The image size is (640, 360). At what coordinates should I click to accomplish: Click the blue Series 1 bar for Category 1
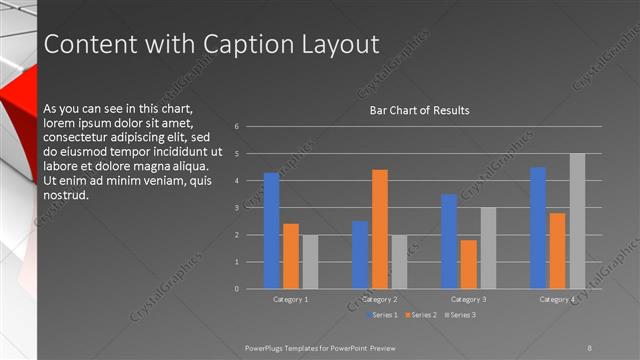(x=272, y=231)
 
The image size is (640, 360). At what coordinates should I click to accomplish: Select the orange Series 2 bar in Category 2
(x=380, y=229)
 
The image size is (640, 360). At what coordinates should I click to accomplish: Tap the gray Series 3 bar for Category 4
(x=577, y=221)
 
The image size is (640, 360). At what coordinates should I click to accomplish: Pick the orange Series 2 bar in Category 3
(x=469, y=264)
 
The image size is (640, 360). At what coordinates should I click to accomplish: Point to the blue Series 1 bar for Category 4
(x=538, y=228)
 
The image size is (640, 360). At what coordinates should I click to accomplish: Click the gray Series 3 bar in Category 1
(x=311, y=262)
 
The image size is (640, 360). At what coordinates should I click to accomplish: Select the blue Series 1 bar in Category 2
(x=360, y=255)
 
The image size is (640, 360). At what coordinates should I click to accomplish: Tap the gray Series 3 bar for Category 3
(x=488, y=248)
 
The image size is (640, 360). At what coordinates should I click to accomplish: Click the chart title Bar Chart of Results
(x=420, y=110)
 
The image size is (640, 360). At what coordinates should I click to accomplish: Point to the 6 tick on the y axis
(x=236, y=127)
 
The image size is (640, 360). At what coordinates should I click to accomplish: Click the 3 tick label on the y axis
(x=236, y=208)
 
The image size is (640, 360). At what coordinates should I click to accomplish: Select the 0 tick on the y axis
(x=236, y=289)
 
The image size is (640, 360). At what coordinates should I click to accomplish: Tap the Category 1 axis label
(x=291, y=299)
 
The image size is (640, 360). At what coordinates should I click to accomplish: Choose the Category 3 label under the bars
(x=469, y=299)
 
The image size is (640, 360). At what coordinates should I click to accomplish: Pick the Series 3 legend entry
(x=461, y=315)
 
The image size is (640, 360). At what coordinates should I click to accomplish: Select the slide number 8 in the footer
(x=590, y=347)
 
